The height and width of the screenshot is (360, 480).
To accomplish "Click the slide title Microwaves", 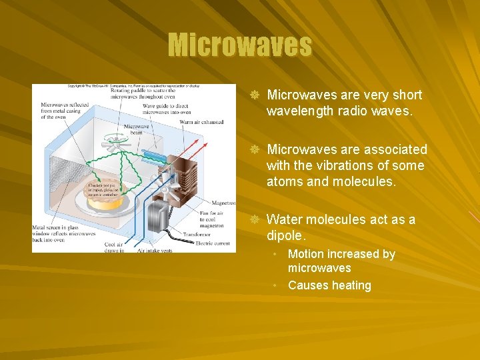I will click(239, 45).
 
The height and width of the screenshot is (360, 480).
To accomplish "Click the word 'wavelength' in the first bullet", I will click(299, 111).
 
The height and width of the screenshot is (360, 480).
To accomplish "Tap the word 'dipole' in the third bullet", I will click(285, 235).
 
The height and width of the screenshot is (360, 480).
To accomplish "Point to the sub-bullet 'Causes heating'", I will click(329, 285).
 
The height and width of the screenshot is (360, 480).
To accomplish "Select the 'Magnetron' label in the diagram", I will click(223, 203).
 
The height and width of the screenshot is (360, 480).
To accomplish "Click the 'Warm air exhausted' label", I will click(201, 122).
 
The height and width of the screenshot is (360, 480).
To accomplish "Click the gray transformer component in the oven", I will click(159, 215).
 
